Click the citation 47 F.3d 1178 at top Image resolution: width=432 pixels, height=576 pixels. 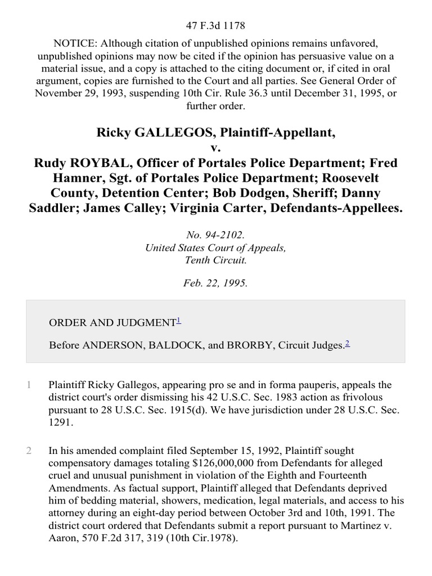pos(216,25)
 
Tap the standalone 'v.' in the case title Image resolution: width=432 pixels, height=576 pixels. pos(216,148)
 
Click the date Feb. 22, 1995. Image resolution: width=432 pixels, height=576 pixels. pos(216,283)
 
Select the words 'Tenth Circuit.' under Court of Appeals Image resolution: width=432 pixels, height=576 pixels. pos(216,261)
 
